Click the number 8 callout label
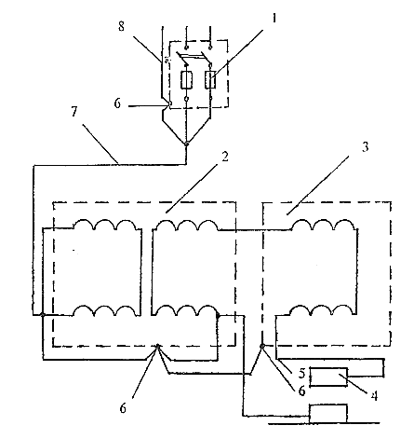121,26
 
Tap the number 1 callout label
274,19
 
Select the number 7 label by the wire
73,112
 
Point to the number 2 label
225,157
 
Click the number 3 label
366,147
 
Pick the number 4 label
374,396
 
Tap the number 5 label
302,373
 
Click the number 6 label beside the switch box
117,103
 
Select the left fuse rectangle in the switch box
186,80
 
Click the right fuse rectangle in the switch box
210,79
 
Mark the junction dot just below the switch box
186,144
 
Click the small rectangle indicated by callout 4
328,377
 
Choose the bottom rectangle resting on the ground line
328,414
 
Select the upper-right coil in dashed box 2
186,225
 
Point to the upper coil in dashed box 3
323,225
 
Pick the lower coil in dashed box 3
323,310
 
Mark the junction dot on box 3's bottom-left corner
262,346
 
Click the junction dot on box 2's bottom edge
157,346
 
